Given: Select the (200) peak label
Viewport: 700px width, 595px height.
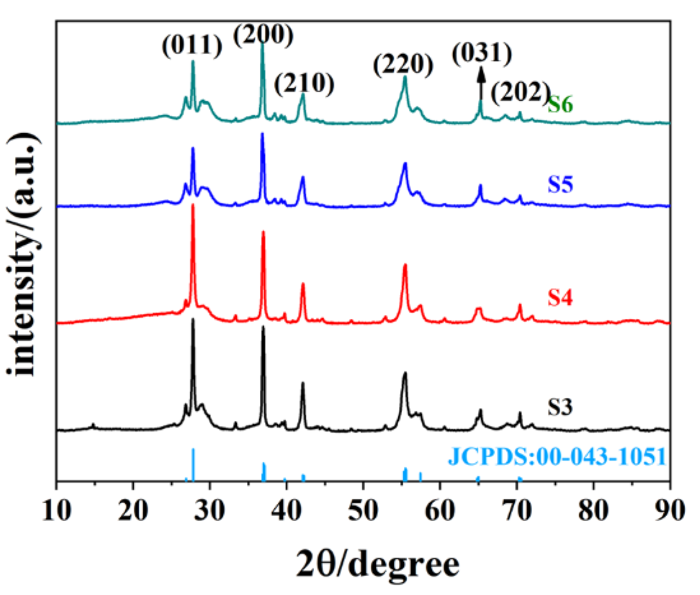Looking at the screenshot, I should [x=263, y=35].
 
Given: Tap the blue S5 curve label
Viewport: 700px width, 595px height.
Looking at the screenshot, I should [x=560, y=184].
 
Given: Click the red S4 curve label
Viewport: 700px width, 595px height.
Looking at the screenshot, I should [x=560, y=297].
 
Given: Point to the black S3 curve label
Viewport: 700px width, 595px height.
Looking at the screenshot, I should [x=560, y=407].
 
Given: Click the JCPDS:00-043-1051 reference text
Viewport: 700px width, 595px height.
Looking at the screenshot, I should [x=557, y=456].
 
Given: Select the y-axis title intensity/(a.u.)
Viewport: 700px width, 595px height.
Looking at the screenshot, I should [x=23, y=254].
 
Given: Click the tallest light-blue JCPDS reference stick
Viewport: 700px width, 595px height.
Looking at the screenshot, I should [x=193, y=464].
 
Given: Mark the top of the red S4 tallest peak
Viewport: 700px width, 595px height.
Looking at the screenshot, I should [x=193, y=205].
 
